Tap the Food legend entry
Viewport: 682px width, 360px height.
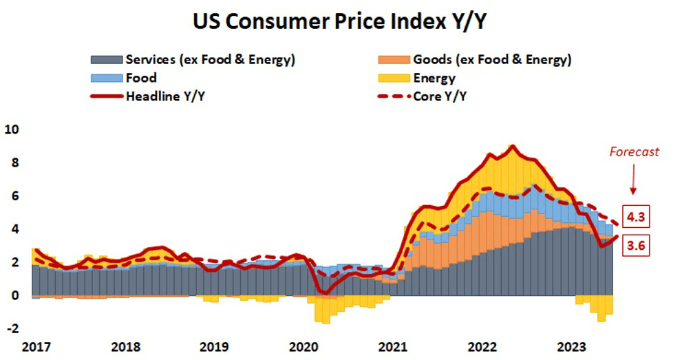(141, 78)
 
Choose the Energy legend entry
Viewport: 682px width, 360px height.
(434, 78)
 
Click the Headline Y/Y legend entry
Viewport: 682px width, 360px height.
(165, 96)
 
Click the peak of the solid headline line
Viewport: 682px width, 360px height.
(511, 146)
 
